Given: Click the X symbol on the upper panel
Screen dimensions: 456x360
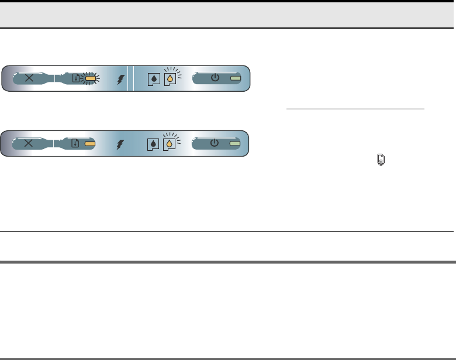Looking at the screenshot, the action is pyautogui.click(x=30, y=78).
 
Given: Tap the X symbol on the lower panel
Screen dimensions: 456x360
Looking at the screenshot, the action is pyautogui.click(x=30, y=143).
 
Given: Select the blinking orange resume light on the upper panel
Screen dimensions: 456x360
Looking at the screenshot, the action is pyautogui.click(x=91, y=78).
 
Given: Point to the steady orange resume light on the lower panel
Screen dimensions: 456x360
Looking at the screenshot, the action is pyautogui.click(x=91, y=143).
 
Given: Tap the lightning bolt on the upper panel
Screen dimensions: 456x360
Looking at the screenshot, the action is pyautogui.click(x=121, y=79).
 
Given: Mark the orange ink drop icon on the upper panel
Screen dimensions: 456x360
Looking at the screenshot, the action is pyautogui.click(x=170, y=79).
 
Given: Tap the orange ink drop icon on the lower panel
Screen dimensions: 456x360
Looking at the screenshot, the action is pyautogui.click(x=170, y=143).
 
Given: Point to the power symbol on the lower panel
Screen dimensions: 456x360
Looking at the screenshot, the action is pyautogui.click(x=215, y=142).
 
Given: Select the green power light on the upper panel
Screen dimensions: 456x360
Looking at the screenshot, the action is pyautogui.click(x=235, y=78).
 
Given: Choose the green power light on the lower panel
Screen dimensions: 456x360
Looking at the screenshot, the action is pyautogui.click(x=235, y=143).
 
